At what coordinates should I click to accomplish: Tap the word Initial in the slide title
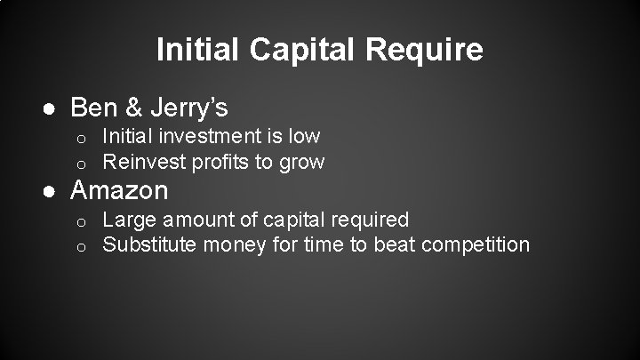199,49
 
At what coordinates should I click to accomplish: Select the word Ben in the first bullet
92,108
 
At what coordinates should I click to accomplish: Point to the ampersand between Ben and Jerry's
135,108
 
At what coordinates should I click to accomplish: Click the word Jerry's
189,108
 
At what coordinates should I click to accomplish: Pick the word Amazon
118,190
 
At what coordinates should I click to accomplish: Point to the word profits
213,162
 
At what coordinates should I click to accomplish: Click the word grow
302,162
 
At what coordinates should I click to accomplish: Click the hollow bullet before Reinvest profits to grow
79,164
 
